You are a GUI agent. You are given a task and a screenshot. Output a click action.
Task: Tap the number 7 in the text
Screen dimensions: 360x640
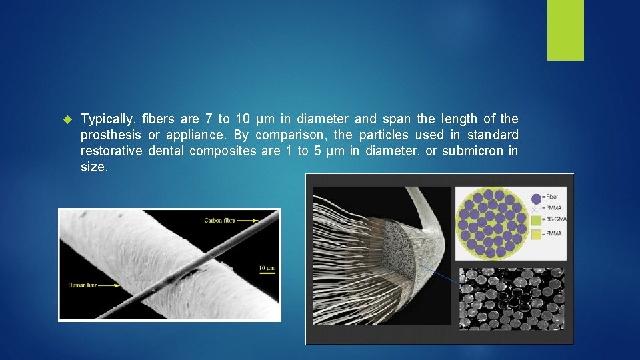(209, 119)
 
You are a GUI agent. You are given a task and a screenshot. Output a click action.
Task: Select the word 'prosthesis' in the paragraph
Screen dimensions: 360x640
(111, 135)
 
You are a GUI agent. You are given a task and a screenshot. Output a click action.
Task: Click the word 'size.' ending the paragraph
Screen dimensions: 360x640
(94, 167)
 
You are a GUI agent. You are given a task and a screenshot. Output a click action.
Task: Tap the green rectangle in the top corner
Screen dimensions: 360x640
(565, 29)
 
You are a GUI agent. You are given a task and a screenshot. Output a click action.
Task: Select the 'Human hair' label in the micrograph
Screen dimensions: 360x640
(83, 285)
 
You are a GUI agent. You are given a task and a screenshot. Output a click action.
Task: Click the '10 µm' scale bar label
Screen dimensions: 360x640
(266, 269)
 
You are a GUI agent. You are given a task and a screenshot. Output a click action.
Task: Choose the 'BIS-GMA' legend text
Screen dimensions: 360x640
(553, 219)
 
